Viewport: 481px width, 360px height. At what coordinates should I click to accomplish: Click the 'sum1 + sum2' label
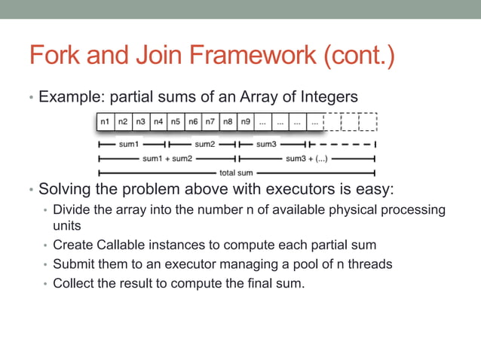pyautogui.click(x=167, y=159)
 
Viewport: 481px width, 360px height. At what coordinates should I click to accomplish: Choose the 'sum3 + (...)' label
pyautogui.click(x=306, y=159)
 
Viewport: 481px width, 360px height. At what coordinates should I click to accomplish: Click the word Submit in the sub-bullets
pyautogui.click(x=75, y=264)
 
